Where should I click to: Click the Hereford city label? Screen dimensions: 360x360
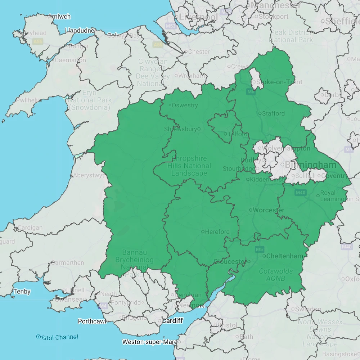(217, 232)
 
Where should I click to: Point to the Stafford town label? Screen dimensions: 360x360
(273, 113)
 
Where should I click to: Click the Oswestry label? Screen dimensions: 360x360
(185, 105)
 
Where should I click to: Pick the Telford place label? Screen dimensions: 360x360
(238, 134)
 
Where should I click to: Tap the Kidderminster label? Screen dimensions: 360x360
(267, 179)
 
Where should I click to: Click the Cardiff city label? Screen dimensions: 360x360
(172, 320)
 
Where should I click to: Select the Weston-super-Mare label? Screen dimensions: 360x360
(149, 342)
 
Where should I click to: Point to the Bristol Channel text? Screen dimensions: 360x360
(57, 337)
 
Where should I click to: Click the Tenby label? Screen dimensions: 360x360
(22, 292)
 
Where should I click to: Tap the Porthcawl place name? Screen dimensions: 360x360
(92, 321)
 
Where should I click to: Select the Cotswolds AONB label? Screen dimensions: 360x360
(276, 275)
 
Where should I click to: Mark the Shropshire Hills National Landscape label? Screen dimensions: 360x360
(189, 166)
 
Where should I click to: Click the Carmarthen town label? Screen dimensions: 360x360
(68, 263)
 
